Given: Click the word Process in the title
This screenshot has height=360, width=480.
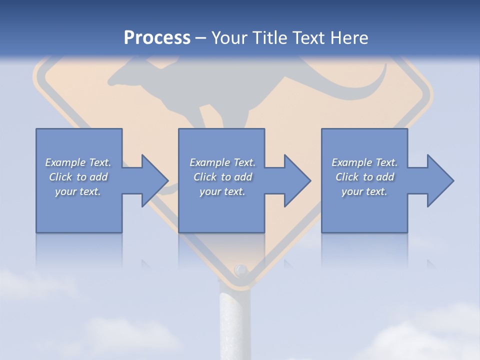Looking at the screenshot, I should pos(157,38).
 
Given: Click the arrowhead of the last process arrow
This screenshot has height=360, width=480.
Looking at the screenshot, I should pos(440,180).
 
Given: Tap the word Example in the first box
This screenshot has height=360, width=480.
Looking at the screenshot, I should pos(65,162).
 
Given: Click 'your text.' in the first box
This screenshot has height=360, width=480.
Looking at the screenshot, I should pos(78,191).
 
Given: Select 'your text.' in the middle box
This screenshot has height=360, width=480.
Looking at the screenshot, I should pos(222,191).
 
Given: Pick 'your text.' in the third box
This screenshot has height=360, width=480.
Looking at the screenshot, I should pos(364,191).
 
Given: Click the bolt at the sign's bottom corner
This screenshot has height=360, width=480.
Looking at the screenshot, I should pos(241,270).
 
